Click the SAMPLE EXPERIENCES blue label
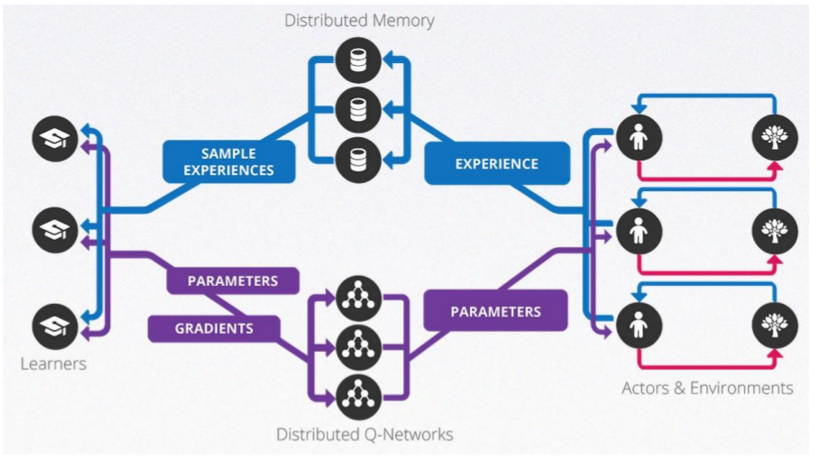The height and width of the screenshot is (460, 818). click(x=229, y=161)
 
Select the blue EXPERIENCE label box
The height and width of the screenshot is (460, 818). click(x=497, y=163)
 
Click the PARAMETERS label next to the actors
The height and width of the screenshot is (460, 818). click(x=495, y=311)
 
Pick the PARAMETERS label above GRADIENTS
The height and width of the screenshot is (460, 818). click(x=233, y=281)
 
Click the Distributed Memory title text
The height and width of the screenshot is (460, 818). click(x=359, y=20)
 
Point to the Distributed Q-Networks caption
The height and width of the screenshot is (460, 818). click(x=364, y=435)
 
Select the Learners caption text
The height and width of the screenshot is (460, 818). click(x=53, y=364)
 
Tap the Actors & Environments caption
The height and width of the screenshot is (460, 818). click(x=707, y=388)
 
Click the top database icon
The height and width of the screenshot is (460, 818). click(x=353, y=60)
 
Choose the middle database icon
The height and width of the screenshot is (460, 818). click(x=353, y=110)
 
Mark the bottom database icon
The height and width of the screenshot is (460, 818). click(x=353, y=161)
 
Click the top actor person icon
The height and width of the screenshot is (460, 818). click(x=639, y=138)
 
